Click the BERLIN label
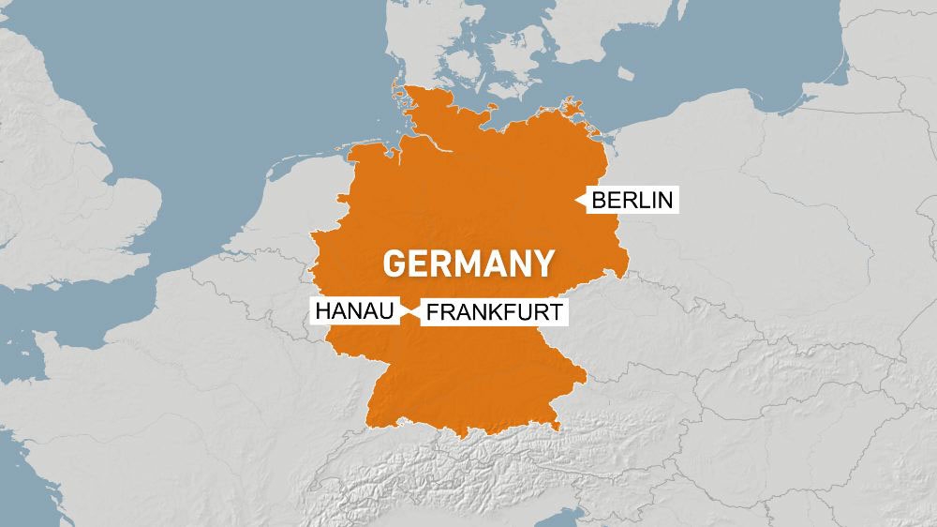point(632,201)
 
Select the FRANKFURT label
point(495,312)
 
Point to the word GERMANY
point(468,263)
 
